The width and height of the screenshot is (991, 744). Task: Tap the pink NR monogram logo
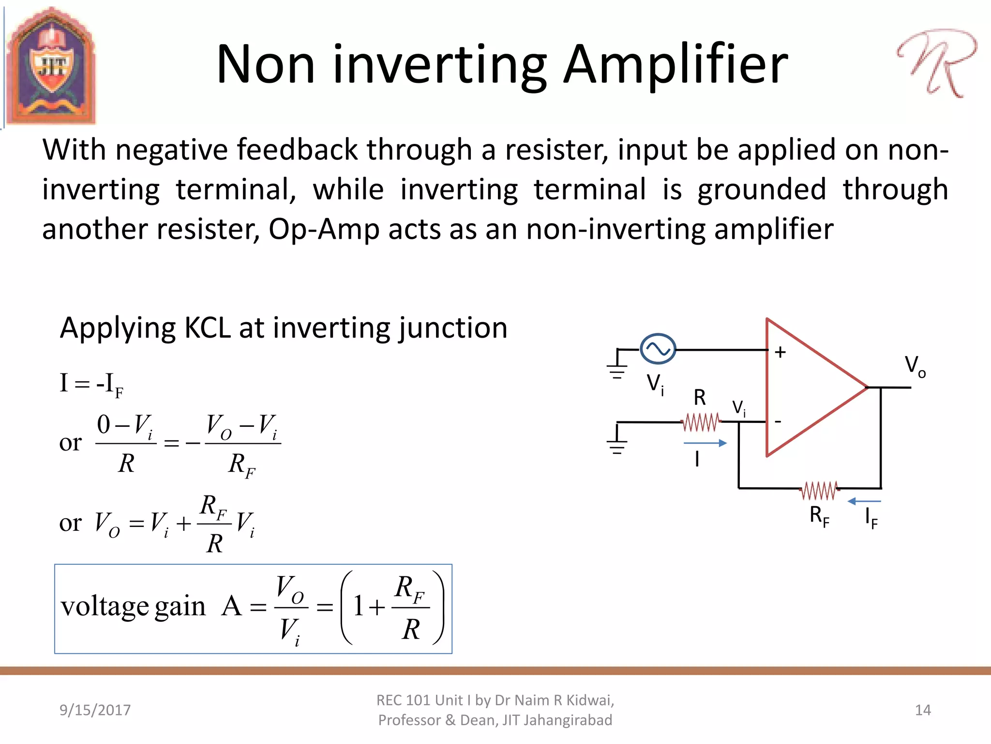point(936,63)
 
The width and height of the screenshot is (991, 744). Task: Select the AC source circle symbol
point(658,349)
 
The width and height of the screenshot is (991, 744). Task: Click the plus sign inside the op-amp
point(780,352)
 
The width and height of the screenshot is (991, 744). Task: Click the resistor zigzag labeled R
point(701,422)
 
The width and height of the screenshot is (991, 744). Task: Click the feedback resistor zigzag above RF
point(819,490)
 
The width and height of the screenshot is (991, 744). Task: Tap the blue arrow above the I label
point(705,443)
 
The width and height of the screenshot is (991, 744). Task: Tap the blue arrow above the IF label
point(864,501)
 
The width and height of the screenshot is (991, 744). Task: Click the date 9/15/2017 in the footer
point(95,710)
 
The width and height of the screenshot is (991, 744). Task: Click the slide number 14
point(923,710)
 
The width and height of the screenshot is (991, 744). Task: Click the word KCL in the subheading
point(208,328)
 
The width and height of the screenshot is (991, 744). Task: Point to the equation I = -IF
point(91,384)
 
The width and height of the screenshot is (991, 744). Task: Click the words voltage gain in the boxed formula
point(133,606)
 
